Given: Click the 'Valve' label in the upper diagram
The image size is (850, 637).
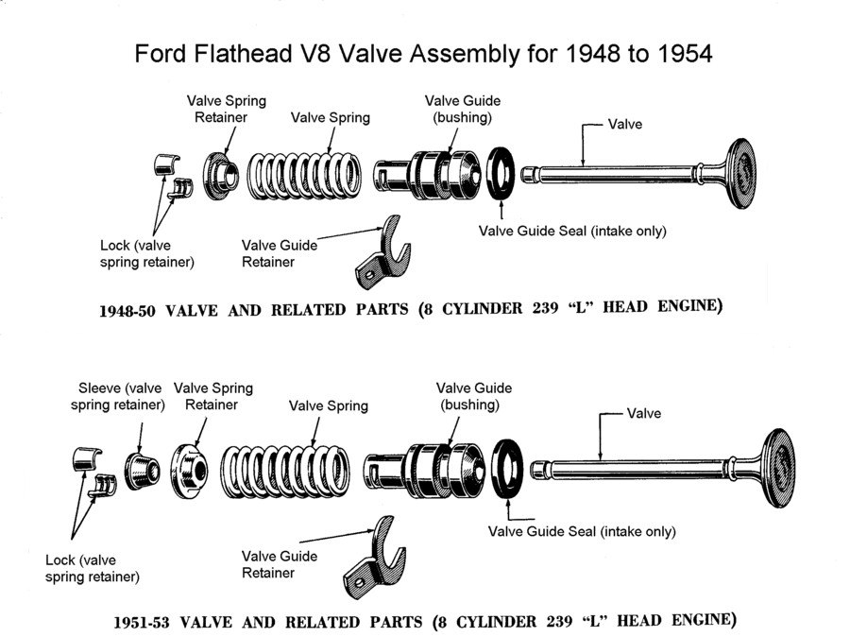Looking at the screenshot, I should (x=624, y=124).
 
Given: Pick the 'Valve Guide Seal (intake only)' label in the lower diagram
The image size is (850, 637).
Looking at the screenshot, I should (x=582, y=531).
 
